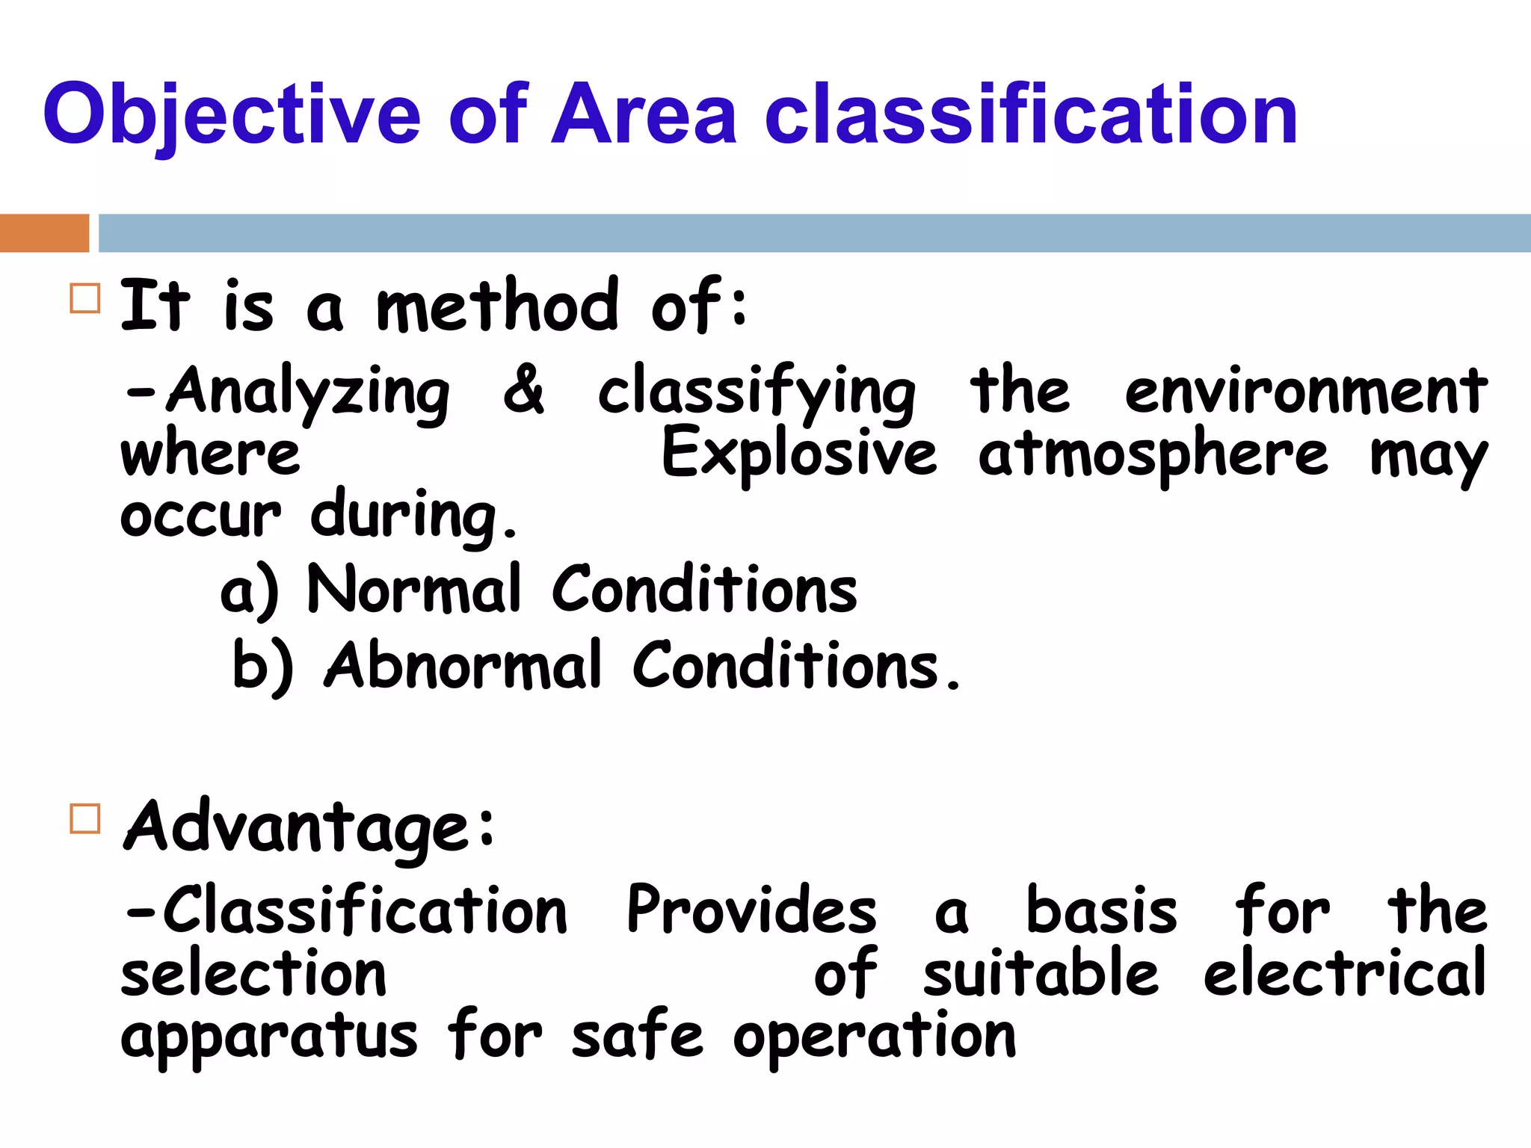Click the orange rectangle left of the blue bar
(44, 233)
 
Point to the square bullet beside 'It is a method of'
(84, 298)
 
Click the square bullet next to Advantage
(84, 818)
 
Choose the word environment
(1306, 391)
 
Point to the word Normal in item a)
(414, 590)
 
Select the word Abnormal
(463, 665)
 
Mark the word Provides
(751, 910)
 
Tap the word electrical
(1345, 973)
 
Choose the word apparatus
(269, 1039)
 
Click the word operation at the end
(875, 1039)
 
